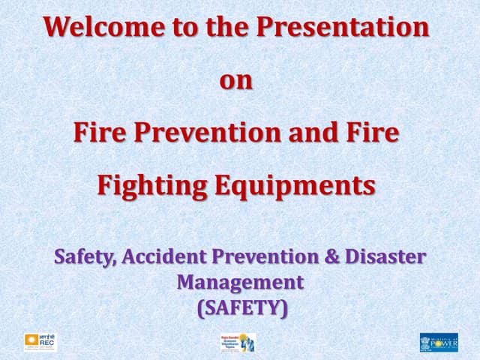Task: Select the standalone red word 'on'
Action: (236, 80)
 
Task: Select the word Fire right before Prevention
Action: (99, 133)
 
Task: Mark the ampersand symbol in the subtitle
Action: (331, 256)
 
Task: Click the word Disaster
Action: (385, 256)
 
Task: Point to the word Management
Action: (240, 282)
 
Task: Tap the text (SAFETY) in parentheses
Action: (241, 307)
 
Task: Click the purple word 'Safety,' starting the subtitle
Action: (84, 256)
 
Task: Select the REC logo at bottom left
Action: (40, 342)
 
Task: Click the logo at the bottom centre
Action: (238, 343)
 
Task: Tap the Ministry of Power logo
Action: (439, 342)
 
